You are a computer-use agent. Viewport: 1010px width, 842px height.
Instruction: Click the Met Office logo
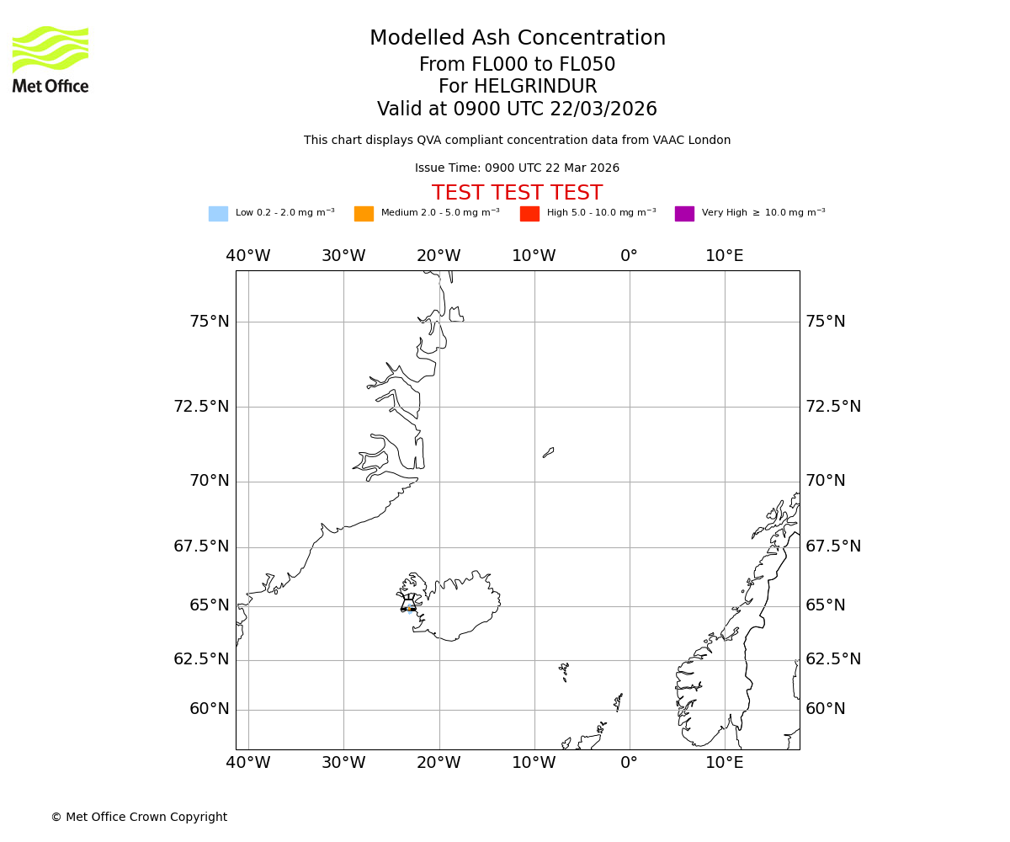coord(50,59)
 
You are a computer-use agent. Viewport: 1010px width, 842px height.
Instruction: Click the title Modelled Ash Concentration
coord(517,39)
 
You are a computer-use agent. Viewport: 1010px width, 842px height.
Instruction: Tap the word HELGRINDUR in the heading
coord(535,87)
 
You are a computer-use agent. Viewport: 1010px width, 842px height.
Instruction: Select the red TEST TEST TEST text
coord(517,194)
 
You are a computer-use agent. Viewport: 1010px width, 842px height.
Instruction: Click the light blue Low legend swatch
coord(218,214)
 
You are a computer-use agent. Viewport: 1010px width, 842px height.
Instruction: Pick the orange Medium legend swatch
coord(364,214)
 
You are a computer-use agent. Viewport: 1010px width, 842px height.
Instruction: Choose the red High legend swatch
coord(529,214)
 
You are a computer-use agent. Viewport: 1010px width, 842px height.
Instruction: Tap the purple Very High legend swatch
coord(684,214)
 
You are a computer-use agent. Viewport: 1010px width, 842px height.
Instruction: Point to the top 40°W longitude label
coord(248,256)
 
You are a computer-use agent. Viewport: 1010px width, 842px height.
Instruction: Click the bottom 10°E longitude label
coord(725,763)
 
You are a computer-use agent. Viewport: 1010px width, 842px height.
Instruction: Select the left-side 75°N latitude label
coord(209,322)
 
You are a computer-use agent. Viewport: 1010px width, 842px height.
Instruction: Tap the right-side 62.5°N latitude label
coord(833,659)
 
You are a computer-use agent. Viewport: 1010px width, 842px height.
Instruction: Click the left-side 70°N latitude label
coord(209,481)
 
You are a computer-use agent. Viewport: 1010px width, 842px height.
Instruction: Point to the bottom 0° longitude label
coord(629,763)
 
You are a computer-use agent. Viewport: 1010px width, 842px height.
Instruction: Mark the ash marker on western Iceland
coord(410,606)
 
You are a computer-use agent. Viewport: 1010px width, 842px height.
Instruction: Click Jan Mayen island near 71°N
coord(548,452)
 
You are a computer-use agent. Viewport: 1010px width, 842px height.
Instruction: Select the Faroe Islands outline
coord(564,670)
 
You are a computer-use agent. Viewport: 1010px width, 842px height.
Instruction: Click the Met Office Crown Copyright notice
coord(139,817)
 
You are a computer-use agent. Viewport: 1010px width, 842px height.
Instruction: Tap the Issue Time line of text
coord(517,168)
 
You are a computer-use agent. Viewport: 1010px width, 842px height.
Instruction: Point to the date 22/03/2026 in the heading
coord(603,109)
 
